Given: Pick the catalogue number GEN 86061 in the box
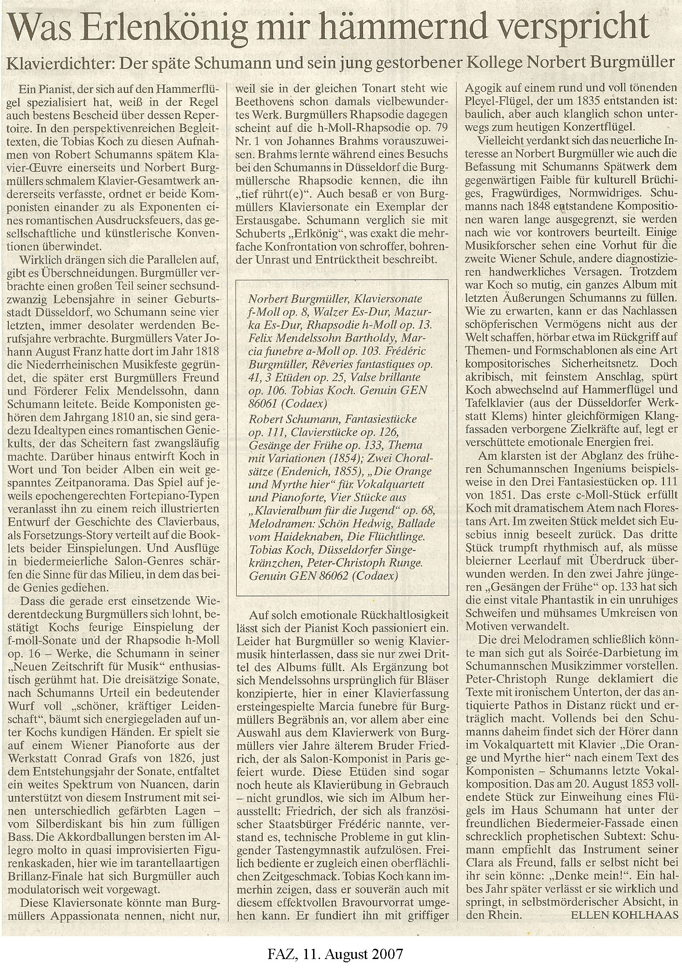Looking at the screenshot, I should click(x=402, y=389).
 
